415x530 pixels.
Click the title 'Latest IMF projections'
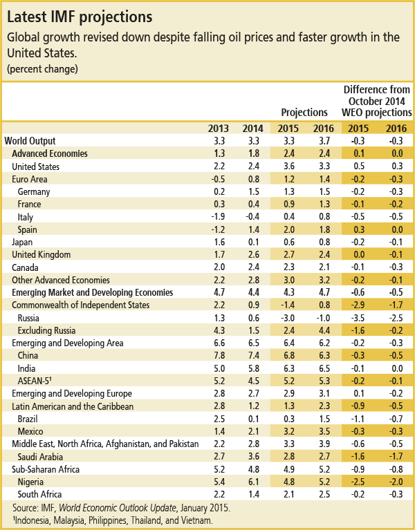(x=80, y=17)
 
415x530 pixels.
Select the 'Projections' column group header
(x=304, y=112)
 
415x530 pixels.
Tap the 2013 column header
(x=218, y=129)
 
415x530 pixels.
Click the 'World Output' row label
(x=30, y=141)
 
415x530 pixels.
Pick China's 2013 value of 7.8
(x=219, y=356)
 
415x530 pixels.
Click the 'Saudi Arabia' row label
(x=40, y=457)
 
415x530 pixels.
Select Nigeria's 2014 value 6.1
(x=254, y=482)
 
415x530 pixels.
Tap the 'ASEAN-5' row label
(x=35, y=381)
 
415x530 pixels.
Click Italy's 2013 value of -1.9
(x=218, y=217)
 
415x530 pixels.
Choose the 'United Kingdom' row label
(x=41, y=254)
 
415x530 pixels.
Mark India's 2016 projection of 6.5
(x=324, y=368)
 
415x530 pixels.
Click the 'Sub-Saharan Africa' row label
(x=46, y=469)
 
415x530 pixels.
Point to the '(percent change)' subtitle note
(x=42, y=69)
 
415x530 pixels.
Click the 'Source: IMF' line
(x=122, y=508)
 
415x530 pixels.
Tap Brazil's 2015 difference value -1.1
(x=358, y=419)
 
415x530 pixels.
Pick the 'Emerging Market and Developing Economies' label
(x=92, y=292)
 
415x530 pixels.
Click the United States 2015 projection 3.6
(x=289, y=167)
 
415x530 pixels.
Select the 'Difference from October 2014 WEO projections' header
(x=377, y=101)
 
